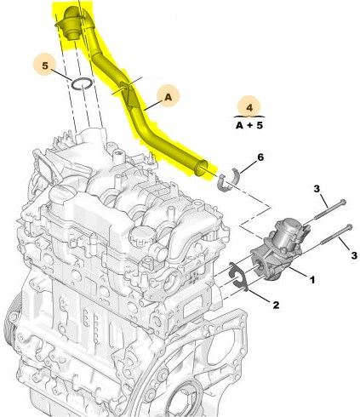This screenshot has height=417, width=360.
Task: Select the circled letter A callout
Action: (168, 99)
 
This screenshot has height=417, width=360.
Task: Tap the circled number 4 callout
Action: (249, 108)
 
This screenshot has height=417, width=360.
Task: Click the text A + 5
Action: (249, 126)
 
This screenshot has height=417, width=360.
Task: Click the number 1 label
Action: (311, 278)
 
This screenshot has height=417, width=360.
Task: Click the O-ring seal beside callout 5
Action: (81, 83)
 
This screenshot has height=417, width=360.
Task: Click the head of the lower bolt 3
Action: (350, 225)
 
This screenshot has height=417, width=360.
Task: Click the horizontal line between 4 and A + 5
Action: (249, 117)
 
